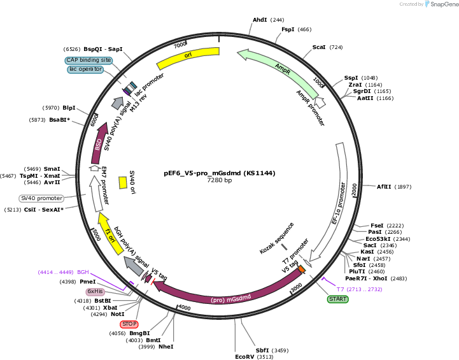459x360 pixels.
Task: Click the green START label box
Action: point(337,299)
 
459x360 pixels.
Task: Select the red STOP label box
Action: point(129,324)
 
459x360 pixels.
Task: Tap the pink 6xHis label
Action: point(95,291)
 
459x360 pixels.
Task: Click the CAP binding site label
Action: point(88,60)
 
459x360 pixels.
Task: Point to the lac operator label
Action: point(85,69)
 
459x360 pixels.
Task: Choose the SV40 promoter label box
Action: point(41,198)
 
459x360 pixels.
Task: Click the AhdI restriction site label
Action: point(260,20)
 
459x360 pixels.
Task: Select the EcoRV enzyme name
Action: point(244,356)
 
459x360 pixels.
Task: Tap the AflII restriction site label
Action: point(384,187)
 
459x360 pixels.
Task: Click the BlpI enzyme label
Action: point(69,108)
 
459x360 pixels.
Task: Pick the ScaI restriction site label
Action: point(319,47)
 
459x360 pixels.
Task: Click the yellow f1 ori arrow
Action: point(110,234)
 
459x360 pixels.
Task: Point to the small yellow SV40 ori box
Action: point(123,182)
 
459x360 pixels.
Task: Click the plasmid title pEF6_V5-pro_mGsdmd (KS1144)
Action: point(220,173)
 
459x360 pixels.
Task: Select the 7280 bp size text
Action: point(220,180)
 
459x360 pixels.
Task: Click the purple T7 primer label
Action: point(359,289)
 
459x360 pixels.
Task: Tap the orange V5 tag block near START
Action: point(302,269)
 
